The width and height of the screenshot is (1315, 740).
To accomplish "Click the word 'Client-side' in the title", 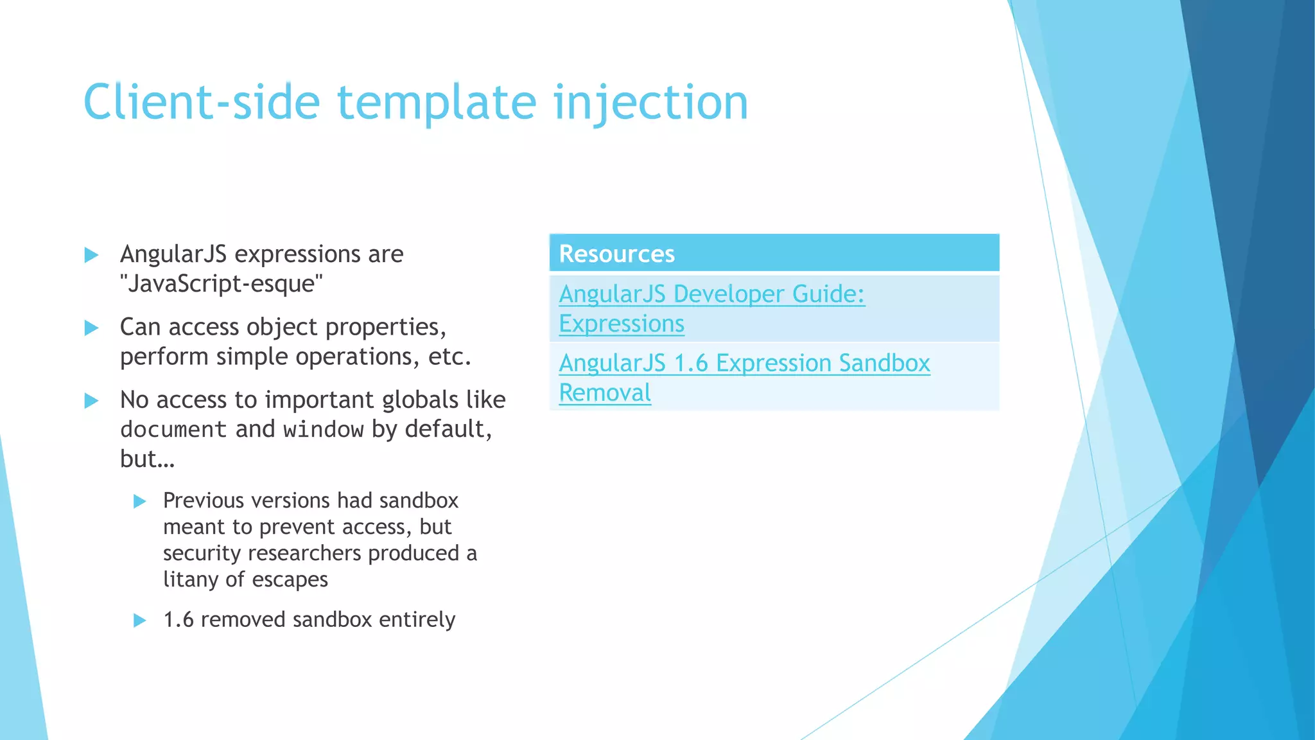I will [201, 103].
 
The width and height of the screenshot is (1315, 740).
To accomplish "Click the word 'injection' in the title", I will [650, 103].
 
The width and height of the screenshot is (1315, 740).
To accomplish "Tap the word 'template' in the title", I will [437, 103].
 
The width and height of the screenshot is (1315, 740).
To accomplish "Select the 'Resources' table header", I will [616, 254].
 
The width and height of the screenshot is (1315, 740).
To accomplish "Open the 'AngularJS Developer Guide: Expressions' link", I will [711, 294].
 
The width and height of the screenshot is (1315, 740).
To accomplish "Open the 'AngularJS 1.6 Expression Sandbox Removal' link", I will [744, 364].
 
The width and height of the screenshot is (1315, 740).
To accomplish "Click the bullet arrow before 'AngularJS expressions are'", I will [92, 255].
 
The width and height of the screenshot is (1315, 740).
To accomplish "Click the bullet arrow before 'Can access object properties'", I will [92, 328].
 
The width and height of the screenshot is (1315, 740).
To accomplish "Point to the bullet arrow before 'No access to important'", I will [92, 401].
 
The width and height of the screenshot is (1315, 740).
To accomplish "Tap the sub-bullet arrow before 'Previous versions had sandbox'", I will [140, 502].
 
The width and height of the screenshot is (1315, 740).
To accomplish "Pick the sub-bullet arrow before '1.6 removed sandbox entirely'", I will [140, 621].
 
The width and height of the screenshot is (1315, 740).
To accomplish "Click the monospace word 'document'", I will [173, 429].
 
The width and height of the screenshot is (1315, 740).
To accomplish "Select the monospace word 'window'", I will [324, 429].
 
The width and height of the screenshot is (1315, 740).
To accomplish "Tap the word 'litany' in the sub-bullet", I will [190, 579].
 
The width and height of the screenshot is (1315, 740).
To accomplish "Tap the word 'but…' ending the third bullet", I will [147, 459].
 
